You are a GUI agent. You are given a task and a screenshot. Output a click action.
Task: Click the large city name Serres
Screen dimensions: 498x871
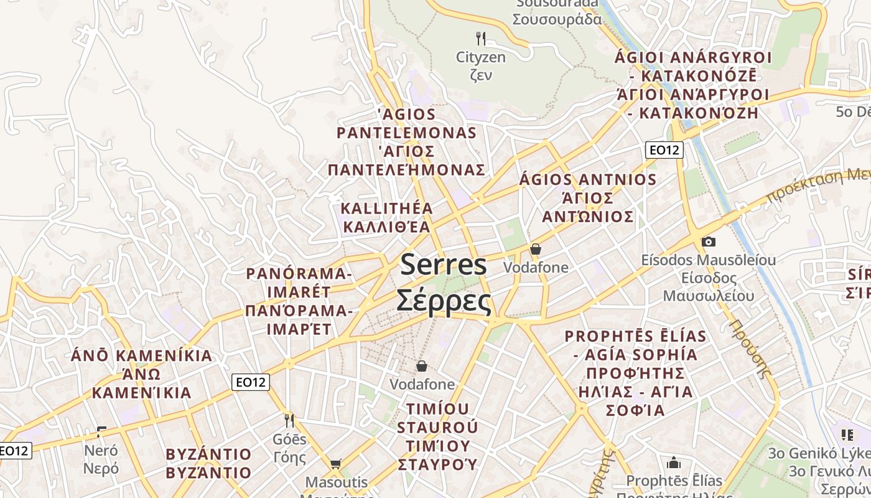(443, 265)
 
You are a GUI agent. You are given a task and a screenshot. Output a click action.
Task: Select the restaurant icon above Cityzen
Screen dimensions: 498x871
(480, 39)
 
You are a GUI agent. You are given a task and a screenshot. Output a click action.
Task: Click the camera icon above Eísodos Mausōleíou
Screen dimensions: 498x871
(708, 242)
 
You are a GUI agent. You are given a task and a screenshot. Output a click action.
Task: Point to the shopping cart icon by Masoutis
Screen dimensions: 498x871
(335, 464)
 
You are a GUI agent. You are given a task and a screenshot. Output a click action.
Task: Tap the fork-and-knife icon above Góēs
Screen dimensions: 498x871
(289, 421)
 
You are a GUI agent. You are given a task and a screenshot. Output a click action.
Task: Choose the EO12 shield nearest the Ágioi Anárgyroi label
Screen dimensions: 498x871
(664, 149)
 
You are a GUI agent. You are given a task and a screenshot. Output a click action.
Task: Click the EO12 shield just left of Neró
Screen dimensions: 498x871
(14, 450)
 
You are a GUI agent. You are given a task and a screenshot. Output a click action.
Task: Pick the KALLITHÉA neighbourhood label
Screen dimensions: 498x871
(387, 208)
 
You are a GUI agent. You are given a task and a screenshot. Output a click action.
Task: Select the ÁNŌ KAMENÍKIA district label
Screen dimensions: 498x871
(142, 356)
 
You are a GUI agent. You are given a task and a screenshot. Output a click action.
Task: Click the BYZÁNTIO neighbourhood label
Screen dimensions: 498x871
(208, 454)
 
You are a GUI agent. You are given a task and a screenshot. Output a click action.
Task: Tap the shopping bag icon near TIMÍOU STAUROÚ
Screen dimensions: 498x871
(422, 365)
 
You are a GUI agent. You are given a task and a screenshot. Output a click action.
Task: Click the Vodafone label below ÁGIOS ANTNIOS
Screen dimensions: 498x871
(536, 267)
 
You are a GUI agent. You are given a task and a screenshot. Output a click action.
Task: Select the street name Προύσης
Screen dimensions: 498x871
(750, 349)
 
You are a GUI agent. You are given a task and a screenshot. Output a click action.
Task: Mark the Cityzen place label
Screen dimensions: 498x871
(481, 57)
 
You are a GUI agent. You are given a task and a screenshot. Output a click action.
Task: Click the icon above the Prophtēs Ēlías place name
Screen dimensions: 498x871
(673, 463)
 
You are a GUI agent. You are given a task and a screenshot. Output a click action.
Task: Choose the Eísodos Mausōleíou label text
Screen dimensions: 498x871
(709, 260)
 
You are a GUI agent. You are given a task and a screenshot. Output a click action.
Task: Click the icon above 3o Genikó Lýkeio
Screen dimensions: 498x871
(847, 435)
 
